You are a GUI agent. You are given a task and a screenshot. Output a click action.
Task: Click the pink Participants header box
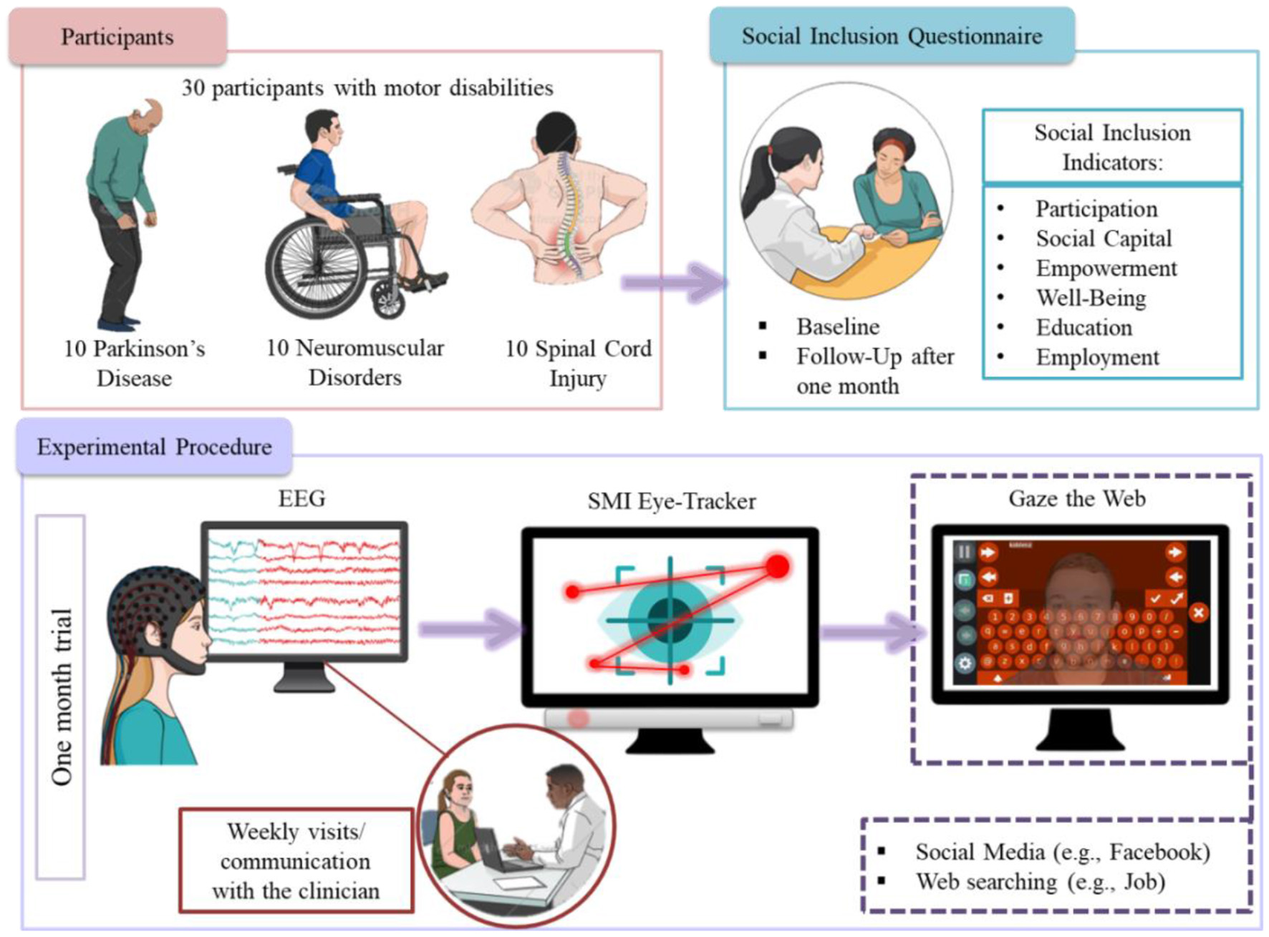[x=117, y=37]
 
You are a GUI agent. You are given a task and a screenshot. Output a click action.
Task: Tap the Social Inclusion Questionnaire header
[x=892, y=36]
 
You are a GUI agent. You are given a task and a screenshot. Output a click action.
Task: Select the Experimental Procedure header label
[x=154, y=447]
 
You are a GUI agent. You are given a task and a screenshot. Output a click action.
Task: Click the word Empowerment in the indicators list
[x=1106, y=268]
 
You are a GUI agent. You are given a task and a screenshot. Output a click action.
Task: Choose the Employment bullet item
[x=1097, y=357]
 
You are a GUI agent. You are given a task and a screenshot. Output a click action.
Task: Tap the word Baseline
[x=838, y=327]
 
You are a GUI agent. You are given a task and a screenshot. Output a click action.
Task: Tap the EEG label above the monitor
[x=301, y=498]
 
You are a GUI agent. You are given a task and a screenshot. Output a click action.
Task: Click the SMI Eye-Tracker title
[x=671, y=501]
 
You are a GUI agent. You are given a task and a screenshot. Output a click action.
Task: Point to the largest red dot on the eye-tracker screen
[x=777, y=566]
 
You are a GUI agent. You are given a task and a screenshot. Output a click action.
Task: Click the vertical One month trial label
[x=62, y=696]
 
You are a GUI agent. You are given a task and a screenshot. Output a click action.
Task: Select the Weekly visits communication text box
[x=296, y=860]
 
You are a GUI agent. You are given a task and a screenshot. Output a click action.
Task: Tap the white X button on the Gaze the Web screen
[x=1198, y=613]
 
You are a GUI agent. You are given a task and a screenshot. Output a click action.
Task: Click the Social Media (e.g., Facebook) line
[x=1062, y=852]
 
